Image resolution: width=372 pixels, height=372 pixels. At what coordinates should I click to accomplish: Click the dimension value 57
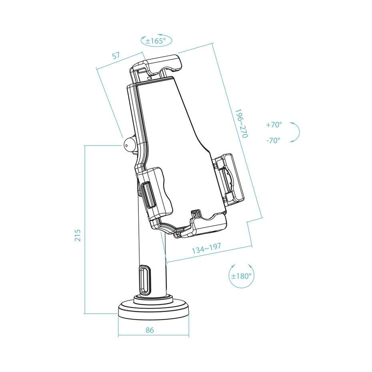pyautogui.click(x=116, y=56)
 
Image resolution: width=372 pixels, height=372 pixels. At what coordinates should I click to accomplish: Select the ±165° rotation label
pyautogui.click(x=156, y=41)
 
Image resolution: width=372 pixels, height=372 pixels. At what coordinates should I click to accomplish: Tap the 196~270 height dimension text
pyautogui.click(x=241, y=123)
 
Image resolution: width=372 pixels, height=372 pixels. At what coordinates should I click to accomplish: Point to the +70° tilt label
pyautogui.click(x=274, y=125)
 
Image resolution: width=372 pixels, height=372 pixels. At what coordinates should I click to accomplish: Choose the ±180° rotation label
pyautogui.click(x=241, y=276)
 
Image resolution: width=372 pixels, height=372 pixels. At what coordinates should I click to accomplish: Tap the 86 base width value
pyautogui.click(x=150, y=330)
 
